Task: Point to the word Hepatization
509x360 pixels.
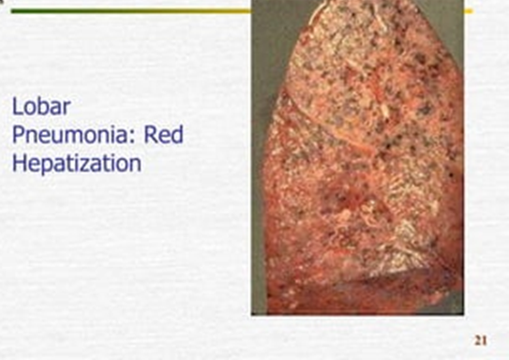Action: pyautogui.click(x=77, y=162)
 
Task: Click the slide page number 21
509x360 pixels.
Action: pyautogui.click(x=481, y=339)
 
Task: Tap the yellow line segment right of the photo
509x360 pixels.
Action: pyautogui.click(x=469, y=11)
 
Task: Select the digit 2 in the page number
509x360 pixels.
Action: pyautogui.click(x=478, y=339)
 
